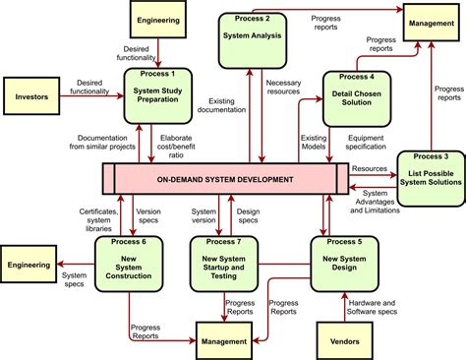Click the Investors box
pos(31,96)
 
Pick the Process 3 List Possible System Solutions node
pos(430,178)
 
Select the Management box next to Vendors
pos(224,340)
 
